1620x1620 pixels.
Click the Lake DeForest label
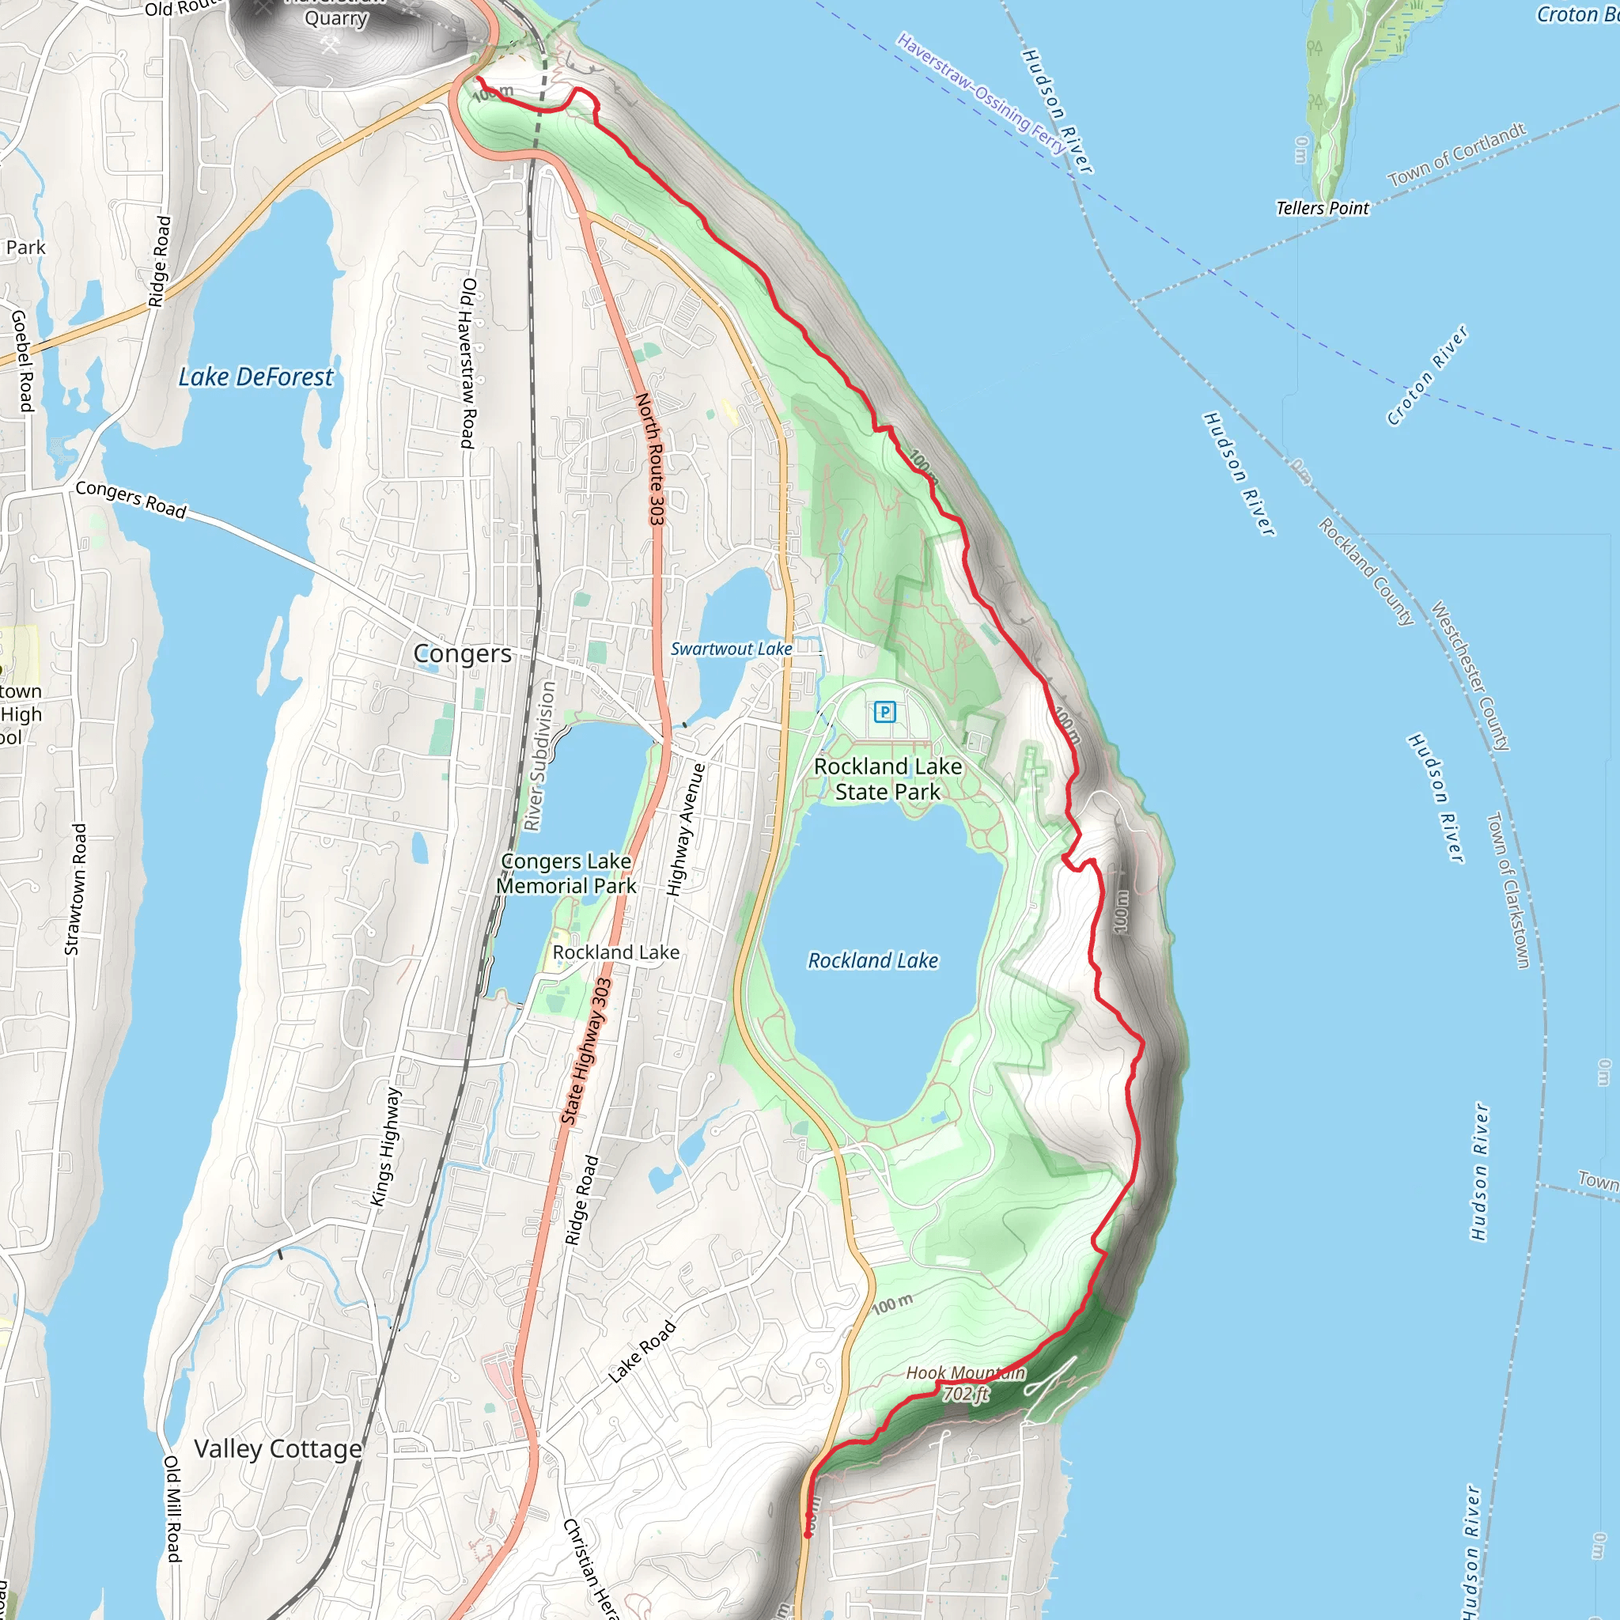(x=255, y=377)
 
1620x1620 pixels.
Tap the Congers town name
(x=462, y=653)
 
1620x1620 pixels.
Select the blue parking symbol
(x=884, y=712)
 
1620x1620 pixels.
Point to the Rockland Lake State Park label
(x=888, y=779)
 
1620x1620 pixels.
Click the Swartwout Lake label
(x=731, y=649)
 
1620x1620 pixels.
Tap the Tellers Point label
(x=1323, y=208)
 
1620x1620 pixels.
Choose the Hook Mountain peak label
(x=965, y=1372)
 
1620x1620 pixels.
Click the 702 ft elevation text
(x=966, y=1394)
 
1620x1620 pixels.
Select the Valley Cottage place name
(x=278, y=1448)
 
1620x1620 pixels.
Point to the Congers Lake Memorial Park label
(x=566, y=873)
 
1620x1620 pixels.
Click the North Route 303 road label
(x=651, y=459)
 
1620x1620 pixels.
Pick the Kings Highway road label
(x=386, y=1146)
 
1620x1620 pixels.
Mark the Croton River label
(x=1426, y=376)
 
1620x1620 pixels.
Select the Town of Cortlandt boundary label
(x=1456, y=155)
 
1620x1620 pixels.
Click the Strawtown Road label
(x=75, y=889)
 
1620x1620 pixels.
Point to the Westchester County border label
(x=1470, y=676)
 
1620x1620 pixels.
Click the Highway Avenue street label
(x=685, y=829)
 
